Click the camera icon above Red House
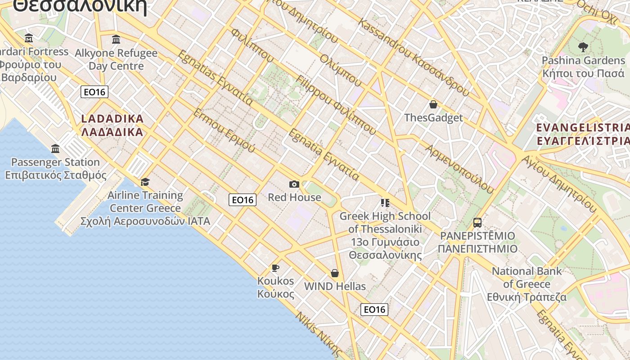294,184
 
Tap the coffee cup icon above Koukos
275,268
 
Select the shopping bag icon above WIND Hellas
335,273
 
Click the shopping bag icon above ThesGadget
433,104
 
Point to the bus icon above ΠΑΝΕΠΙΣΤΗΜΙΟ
477,222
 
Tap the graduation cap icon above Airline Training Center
145,182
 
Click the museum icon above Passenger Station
55,148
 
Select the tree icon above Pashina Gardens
583,47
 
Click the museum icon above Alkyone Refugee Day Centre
116,39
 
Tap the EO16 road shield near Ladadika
94,92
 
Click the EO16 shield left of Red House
243,200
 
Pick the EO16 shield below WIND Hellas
374,309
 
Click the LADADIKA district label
112,126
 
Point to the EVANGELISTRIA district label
583,134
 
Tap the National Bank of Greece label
526,284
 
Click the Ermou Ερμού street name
224,130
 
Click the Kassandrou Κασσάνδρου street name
414,57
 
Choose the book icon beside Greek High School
385,203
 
